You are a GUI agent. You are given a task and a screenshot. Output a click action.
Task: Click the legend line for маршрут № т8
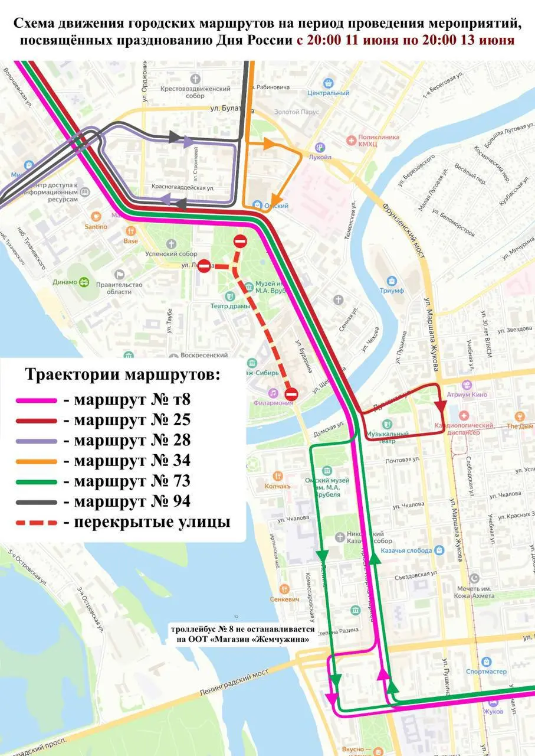tap(36, 400)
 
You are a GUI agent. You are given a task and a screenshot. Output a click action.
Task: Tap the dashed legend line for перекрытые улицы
tap(36, 522)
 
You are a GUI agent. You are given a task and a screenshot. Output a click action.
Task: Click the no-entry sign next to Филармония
tap(291, 394)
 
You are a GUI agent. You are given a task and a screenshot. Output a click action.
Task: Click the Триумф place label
tap(392, 291)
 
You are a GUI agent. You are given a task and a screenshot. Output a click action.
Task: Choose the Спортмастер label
tap(486, 672)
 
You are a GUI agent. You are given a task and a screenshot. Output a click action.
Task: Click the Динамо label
tap(65, 282)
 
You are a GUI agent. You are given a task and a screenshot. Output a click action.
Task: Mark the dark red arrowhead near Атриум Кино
tap(440, 406)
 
